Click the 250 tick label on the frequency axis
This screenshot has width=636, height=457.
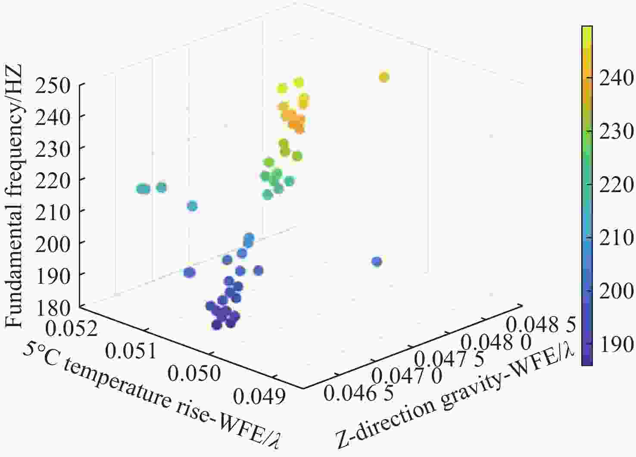(52, 86)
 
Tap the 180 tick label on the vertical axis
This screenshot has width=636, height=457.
(53, 308)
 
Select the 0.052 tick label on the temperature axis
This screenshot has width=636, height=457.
(71, 329)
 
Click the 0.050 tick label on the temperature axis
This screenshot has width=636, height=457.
(194, 373)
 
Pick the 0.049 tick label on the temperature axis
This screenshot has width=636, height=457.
(259, 396)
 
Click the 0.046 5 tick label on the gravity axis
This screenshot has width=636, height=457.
(359, 393)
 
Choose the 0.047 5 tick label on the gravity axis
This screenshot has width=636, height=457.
(449, 358)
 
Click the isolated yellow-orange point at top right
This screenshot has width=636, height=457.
(384, 77)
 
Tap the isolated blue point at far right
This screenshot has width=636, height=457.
(377, 261)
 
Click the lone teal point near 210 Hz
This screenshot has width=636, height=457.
(193, 206)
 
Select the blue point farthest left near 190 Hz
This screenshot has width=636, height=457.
(190, 272)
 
